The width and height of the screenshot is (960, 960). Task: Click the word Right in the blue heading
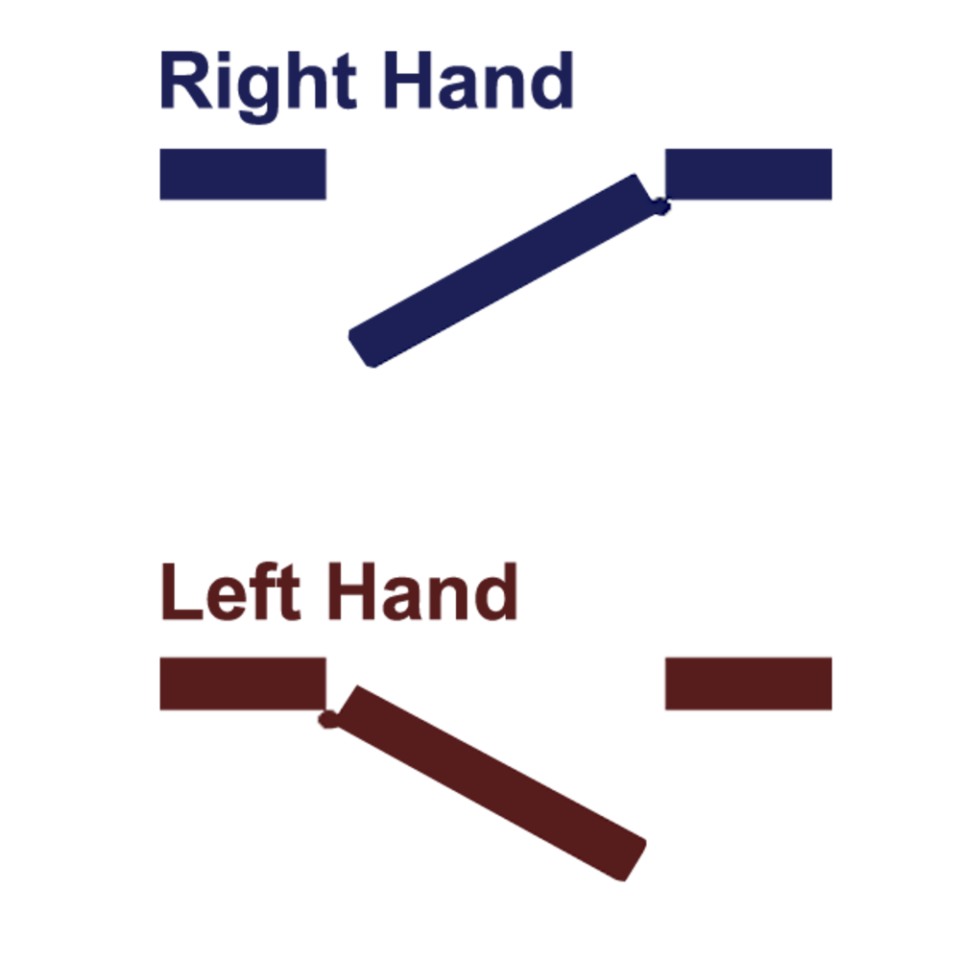(257, 85)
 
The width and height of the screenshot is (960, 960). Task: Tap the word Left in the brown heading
(230, 590)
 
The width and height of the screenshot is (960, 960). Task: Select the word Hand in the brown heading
(423, 590)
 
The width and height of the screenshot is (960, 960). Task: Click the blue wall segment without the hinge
(243, 174)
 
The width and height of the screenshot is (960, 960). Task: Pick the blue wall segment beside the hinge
(748, 174)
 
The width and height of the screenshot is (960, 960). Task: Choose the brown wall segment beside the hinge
(243, 684)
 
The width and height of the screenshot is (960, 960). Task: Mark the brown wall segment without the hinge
(748, 684)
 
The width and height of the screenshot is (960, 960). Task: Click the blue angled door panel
(502, 271)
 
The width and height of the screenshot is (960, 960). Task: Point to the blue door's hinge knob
(660, 205)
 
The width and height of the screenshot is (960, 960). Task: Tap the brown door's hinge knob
(328, 719)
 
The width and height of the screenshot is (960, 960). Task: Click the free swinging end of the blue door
(361, 349)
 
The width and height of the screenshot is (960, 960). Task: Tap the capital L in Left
(181, 590)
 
